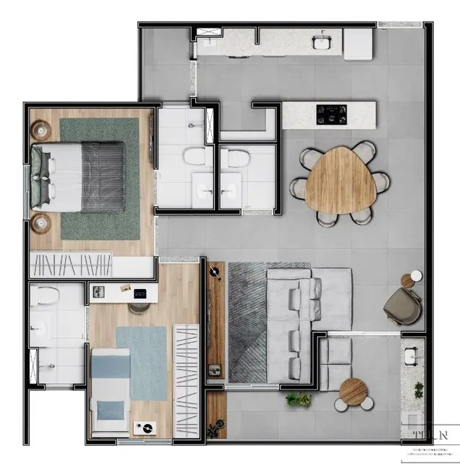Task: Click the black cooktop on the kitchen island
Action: pos(332,114)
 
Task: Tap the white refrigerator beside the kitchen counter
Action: pos(357,44)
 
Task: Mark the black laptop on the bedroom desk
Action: pos(140,293)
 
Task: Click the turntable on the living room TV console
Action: pos(214,273)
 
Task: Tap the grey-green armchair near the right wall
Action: pos(401,306)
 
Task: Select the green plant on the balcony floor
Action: pos(298,399)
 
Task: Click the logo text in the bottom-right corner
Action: pos(431,436)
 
